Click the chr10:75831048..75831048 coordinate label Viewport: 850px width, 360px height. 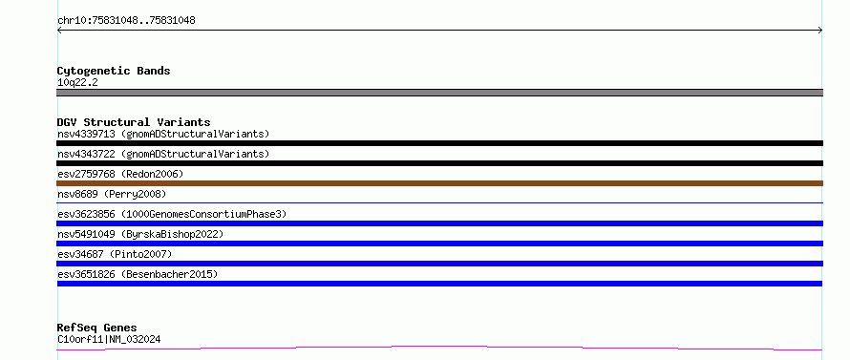(x=126, y=21)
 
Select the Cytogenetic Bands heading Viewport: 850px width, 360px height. (x=114, y=71)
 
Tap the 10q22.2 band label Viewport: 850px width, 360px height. (x=77, y=83)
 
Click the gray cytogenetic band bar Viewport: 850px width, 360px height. (x=439, y=93)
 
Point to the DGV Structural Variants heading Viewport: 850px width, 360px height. (x=134, y=122)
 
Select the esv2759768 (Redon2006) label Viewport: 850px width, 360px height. (x=120, y=174)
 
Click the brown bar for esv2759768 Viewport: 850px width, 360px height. (x=439, y=183)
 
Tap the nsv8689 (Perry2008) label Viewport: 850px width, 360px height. (x=112, y=194)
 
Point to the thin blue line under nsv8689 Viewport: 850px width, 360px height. (x=439, y=202)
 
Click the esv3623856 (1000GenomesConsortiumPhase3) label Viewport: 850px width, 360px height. (x=172, y=214)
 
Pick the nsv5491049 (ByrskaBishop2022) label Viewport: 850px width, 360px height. (x=140, y=234)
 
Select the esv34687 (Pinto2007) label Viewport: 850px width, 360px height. (x=115, y=254)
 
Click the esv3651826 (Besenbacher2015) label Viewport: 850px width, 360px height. (x=138, y=274)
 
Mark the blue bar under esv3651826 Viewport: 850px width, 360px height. (x=439, y=284)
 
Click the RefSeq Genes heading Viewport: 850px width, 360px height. (x=96, y=328)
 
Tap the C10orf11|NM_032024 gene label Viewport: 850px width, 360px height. (x=109, y=340)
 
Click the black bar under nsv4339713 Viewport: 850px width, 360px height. (x=439, y=143)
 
